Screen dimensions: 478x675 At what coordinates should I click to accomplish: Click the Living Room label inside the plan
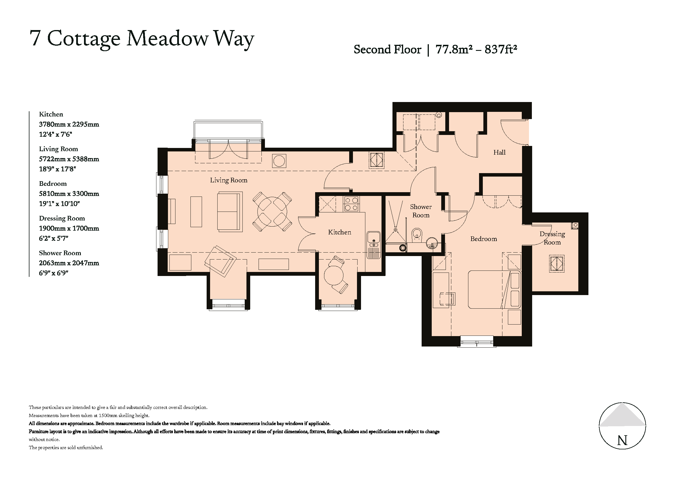229,180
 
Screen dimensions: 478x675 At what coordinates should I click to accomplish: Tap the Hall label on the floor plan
499,152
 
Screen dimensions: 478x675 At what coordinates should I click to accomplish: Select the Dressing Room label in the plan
552,238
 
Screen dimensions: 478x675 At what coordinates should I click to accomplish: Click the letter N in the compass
622,441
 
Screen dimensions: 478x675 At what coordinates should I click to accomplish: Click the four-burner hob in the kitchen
351,204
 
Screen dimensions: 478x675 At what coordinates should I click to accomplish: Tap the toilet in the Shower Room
417,235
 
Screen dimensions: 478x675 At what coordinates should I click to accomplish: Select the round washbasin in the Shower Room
431,243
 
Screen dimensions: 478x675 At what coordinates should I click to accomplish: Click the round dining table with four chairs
272,212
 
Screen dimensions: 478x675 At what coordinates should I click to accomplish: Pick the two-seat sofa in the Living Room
230,211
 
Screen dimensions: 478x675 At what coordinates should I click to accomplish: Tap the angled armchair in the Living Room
220,261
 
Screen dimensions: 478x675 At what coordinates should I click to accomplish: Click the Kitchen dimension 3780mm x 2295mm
69,124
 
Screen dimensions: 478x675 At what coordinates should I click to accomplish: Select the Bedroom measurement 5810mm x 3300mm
69,194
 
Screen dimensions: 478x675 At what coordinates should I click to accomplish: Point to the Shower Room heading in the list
60,253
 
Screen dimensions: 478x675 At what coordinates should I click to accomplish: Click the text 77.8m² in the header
454,49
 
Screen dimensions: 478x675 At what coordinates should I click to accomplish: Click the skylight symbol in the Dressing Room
557,264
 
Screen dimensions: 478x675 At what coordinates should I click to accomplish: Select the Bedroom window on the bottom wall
476,342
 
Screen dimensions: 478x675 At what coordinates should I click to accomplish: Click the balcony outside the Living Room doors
228,129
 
